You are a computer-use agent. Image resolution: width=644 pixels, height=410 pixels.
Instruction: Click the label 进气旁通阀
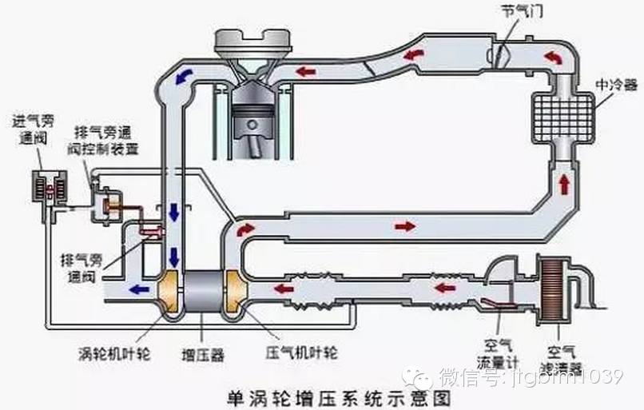(33, 129)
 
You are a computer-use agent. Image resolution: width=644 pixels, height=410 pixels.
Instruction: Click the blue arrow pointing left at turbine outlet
(140, 289)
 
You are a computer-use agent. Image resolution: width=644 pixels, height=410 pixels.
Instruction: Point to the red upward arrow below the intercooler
(566, 181)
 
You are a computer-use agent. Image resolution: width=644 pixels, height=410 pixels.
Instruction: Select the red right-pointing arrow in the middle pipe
(405, 226)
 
